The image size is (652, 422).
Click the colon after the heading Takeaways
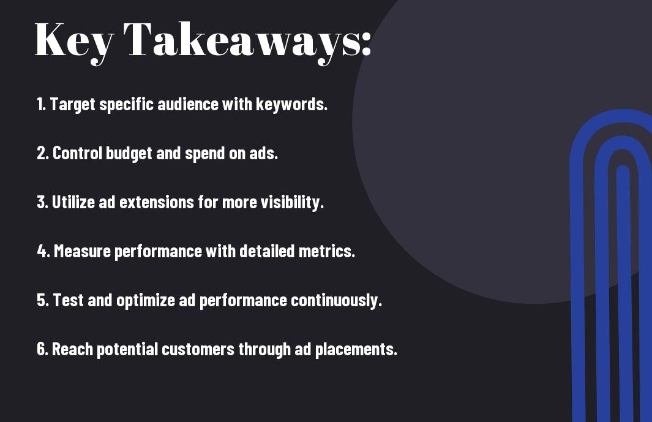pyautogui.click(x=366, y=43)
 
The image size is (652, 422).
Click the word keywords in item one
pyautogui.click(x=291, y=104)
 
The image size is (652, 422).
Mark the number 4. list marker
pyautogui.click(x=43, y=251)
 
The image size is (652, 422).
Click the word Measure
pyautogui.click(x=82, y=251)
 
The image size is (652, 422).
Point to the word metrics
pyautogui.click(x=327, y=251)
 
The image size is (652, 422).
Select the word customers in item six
pyautogui.click(x=198, y=349)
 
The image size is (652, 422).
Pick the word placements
pyautogui.click(x=356, y=350)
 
